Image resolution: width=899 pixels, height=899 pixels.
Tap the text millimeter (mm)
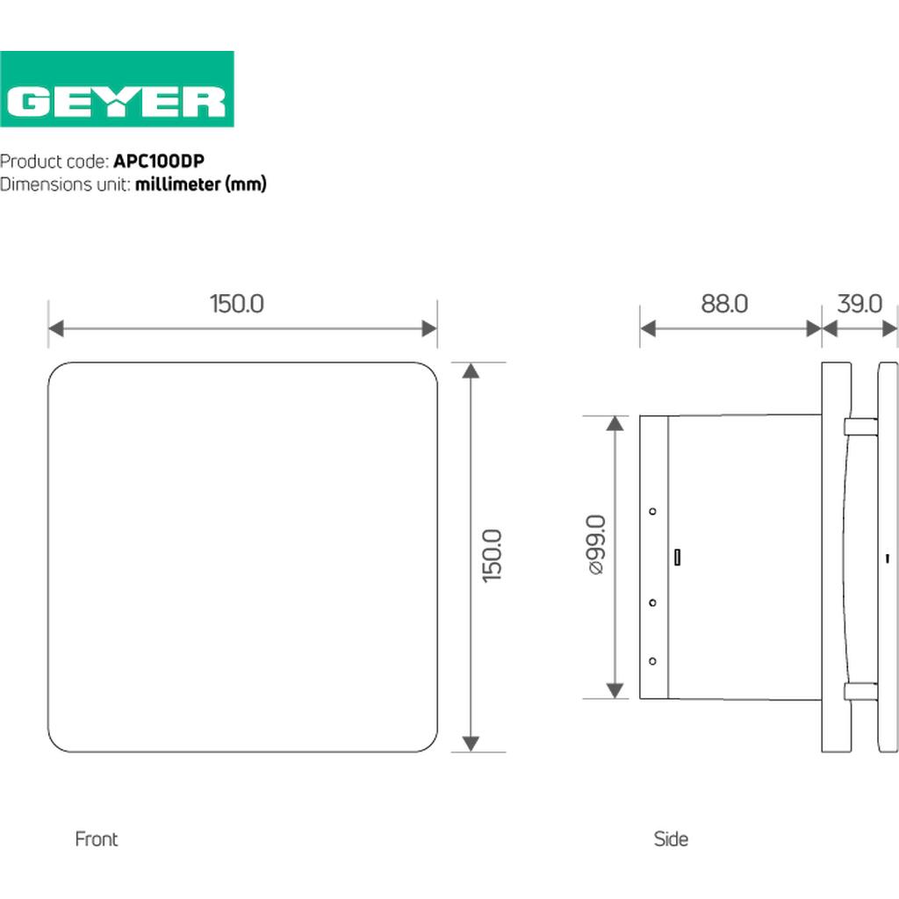[x=200, y=184]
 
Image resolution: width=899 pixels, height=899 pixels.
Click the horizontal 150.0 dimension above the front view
[x=236, y=304]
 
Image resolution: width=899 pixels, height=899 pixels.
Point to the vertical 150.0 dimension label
[x=493, y=556]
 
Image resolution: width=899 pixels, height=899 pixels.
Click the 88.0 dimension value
[x=724, y=304]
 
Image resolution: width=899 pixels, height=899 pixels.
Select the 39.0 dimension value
[x=859, y=304]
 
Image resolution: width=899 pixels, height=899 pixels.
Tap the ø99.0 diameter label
[x=596, y=544]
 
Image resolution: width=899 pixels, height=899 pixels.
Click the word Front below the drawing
[x=97, y=839]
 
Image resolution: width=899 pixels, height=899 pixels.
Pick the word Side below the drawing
[x=671, y=839]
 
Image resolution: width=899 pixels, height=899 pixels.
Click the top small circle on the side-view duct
[x=652, y=511]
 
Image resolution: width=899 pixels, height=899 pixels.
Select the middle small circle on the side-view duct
[x=652, y=602]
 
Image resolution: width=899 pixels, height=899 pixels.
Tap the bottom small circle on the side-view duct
[x=652, y=660]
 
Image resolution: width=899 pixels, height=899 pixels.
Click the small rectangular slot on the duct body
[x=677, y=557]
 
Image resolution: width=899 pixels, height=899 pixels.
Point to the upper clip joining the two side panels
[x=860, y=428]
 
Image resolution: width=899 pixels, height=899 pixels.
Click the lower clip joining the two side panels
[x=860, y=691]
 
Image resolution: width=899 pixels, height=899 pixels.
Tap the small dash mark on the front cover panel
[x=888, y=558]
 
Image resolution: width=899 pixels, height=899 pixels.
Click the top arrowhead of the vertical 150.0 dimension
[x=471, y=370]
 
